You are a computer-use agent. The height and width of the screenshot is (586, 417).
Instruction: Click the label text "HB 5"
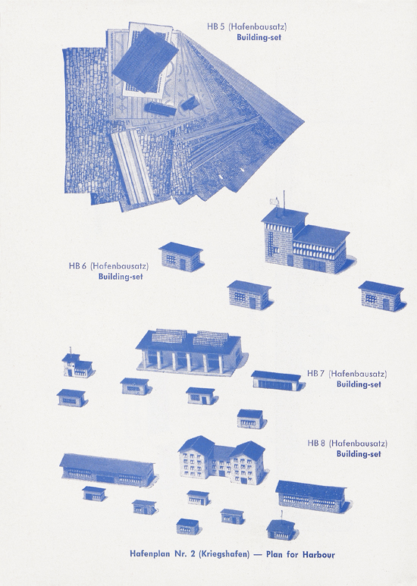point(215,27)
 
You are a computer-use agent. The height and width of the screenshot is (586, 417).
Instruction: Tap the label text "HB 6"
point(77,266)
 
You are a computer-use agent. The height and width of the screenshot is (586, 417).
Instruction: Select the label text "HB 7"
point(315,373)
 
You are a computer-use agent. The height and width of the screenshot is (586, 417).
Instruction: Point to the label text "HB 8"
point(316,443)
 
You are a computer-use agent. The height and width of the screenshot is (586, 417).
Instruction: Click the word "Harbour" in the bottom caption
point(318,554)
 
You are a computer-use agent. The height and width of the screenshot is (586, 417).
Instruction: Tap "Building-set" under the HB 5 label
point(259,37)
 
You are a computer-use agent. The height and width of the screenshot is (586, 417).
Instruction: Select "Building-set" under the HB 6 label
point(121,277)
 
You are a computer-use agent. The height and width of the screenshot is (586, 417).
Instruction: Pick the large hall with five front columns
point(189,351)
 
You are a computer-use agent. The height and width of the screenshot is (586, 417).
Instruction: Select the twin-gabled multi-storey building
point(221,459)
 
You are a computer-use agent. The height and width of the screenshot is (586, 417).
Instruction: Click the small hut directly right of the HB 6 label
point(181,257)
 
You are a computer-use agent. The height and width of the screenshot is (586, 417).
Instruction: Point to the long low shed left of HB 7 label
point(277,381)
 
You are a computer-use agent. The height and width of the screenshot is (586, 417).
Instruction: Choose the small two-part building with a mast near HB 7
point(77,365)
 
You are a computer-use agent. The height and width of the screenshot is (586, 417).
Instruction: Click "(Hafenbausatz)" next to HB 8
point(358,443)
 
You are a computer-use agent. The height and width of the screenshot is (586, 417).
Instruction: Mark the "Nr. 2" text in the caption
point(182,554)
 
